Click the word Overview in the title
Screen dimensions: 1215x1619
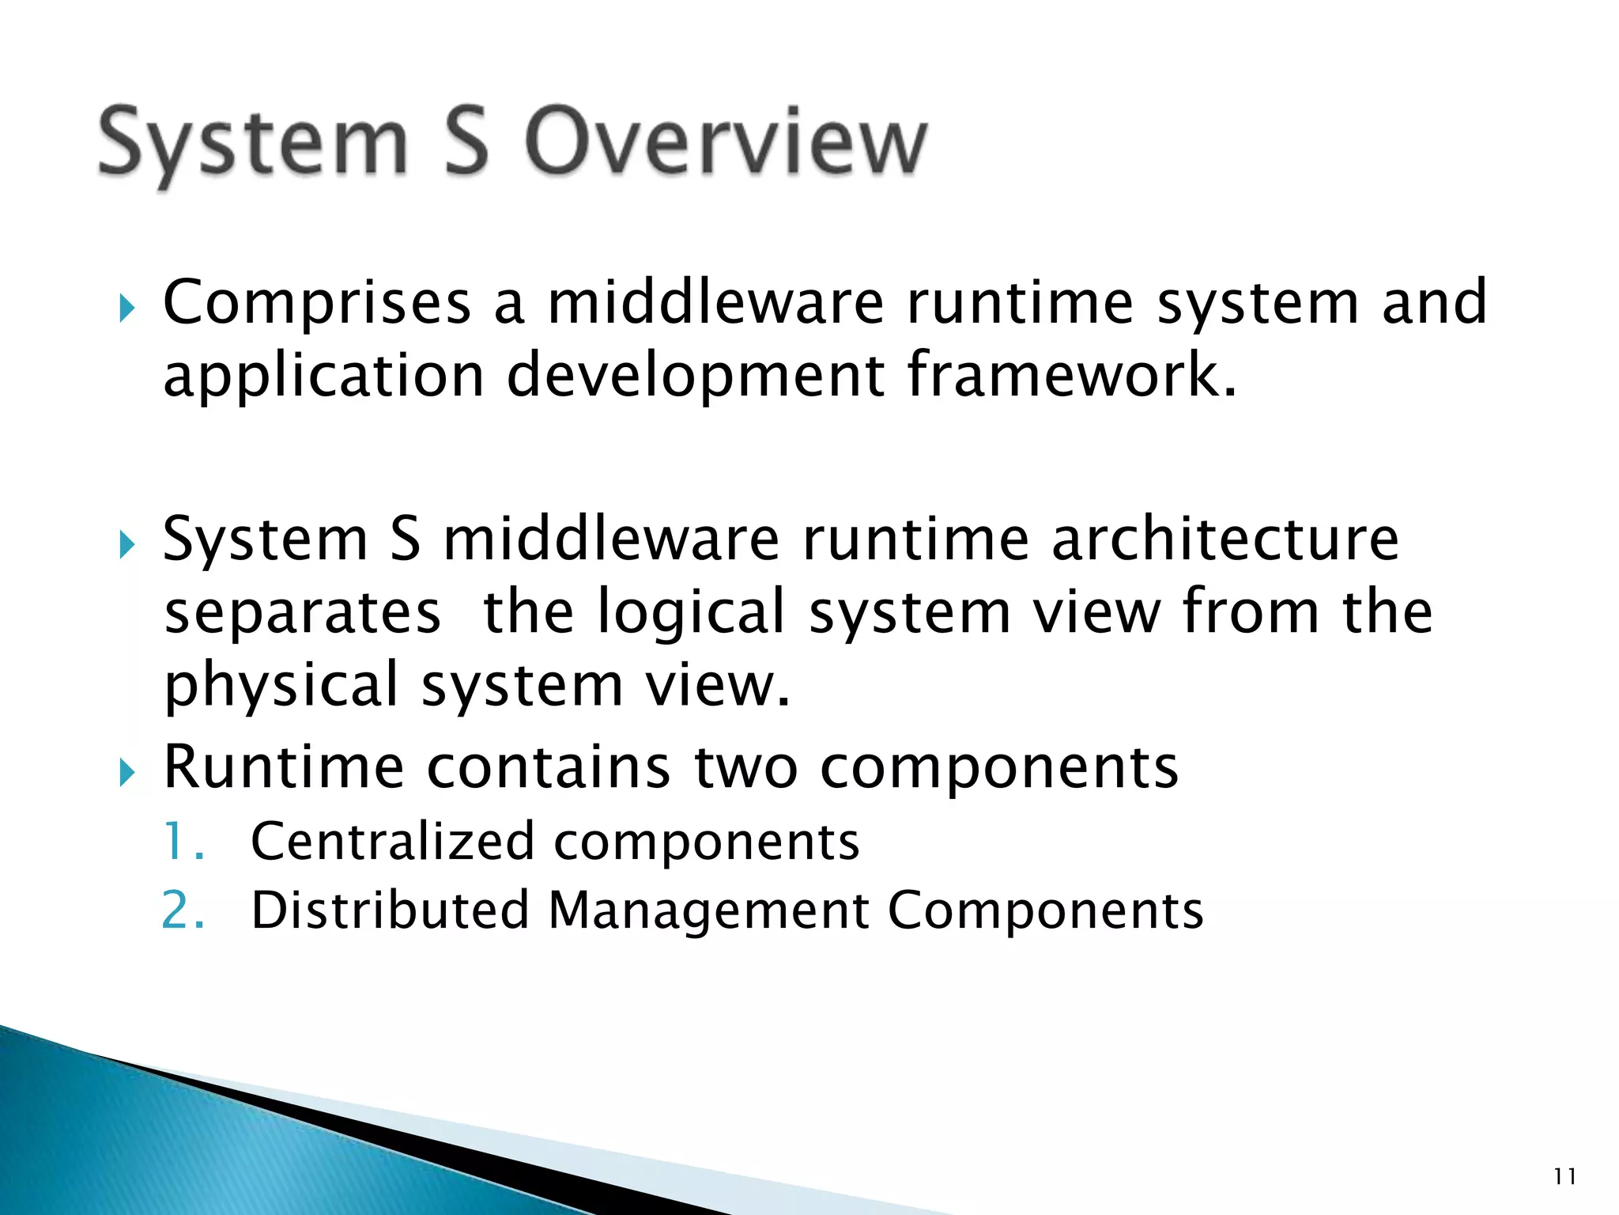pyautogui.click(x=725, y=142)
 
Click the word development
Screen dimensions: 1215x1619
pyautogui.click(x=695, y=377)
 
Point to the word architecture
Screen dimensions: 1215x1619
pyautogui.click(x=1225, y=539)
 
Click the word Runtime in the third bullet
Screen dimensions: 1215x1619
pyautogui.click(x=283, y=767)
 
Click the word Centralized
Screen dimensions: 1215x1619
pyautogui.click(x=393, y=842)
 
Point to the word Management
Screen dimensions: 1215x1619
pyautogui.click(x=708, y=911)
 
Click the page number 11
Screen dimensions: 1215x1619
pyautogui.click(x=1564, y=1177)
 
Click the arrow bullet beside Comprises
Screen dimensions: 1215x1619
pyautogui.click(x=127, y=308)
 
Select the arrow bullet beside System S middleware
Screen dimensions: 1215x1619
pyautogui.click(x=127, y=544)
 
